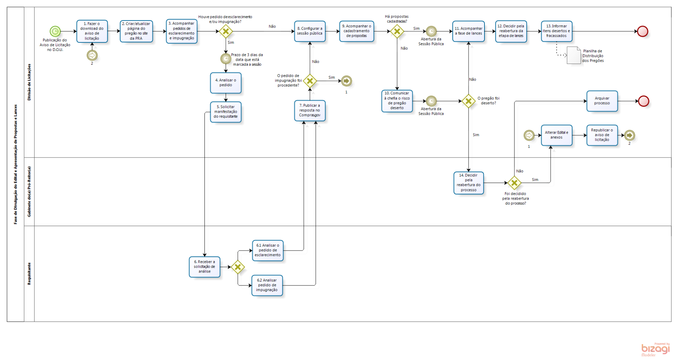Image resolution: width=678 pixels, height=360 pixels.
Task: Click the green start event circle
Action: pyautogui.click(x=55, y=31)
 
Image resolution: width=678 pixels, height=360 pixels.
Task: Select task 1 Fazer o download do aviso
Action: pyautogui.click(x=92, y=31)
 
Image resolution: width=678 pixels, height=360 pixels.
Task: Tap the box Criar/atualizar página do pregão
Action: pyautogui.click(x=136, y=31)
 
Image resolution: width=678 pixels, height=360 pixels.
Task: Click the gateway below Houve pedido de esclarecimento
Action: pyautogui.click(x=226, y=31)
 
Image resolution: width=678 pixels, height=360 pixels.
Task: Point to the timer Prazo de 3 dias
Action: pyautogui.click(x=226, y=59)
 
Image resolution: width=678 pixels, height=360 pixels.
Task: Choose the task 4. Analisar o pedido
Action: pyautogui.click(x=226, y=83)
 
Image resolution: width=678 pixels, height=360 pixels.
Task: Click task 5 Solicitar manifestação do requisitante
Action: pyautogui.click(x=226, y=112)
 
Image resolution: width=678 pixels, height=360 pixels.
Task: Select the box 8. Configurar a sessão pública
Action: pyautogui.click(x=310, y=31)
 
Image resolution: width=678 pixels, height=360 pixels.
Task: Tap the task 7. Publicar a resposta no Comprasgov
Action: pyautogui.click(x=310, y=111)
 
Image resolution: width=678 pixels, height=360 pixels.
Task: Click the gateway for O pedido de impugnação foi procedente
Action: pyautogui.click(x=310, y=81)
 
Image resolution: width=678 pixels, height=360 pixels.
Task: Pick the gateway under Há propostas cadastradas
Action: pyautogui.click(x=397, y=31)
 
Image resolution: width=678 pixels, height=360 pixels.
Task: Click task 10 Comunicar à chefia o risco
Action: pyautogui.click(x=397, y=101)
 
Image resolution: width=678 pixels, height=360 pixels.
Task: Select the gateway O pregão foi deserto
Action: pyautogui.click(x=469, y=101)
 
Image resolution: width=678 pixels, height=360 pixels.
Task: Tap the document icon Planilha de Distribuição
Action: pyautogui.click(x=573, y=55)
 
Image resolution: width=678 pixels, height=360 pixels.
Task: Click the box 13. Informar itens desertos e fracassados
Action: pyautogui.click(x=557, y=31)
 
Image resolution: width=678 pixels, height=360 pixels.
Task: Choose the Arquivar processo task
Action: pyautogui.click(x=602, y=101)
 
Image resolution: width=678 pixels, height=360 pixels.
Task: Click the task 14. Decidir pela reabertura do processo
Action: pyautogui.click(x=469, y=183)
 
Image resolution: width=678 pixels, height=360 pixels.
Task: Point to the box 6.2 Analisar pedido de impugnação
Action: pyautogui.click(x=267, y=285)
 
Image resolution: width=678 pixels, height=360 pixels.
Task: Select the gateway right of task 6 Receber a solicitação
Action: pyautogui.click(x=238, y=267)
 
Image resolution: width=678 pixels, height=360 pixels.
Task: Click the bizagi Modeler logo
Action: pyautogui.click(x=655, y=349)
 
